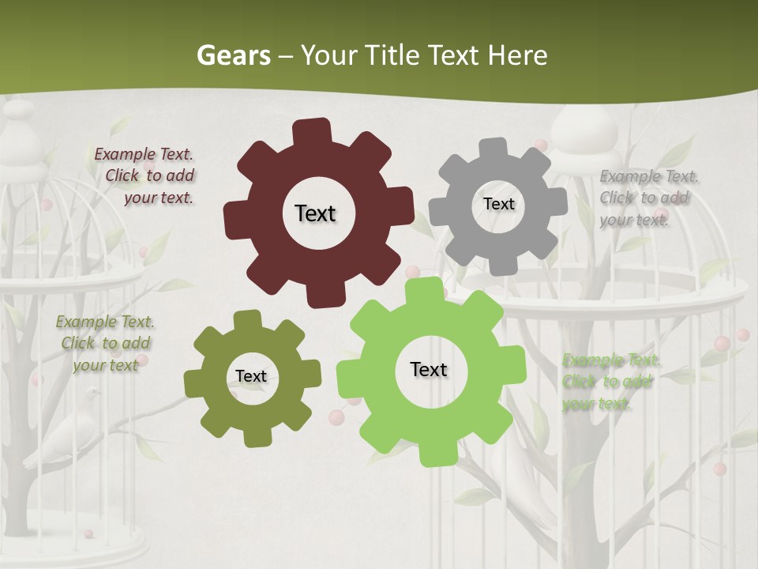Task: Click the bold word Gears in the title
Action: point(234,55)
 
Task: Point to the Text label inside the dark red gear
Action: point(315,213)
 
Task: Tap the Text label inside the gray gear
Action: point(498,204)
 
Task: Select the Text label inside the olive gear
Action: point(250,377)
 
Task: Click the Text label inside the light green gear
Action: point(429,369)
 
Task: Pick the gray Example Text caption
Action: point(647,198)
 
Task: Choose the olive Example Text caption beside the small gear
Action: point(105,343)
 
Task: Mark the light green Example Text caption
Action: point(610,382)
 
